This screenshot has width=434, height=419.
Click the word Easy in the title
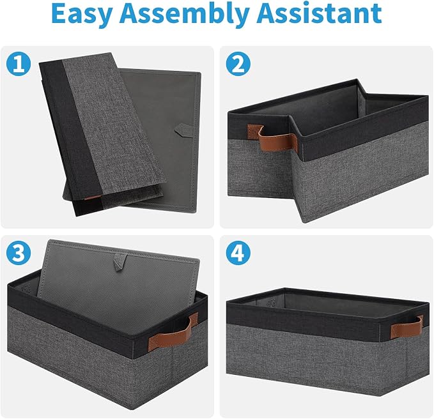click(x=82, y=14)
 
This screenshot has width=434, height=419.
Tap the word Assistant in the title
click(x=319, y=13)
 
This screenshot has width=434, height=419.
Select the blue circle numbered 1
click(x=19, y=64)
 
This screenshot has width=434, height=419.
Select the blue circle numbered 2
click(x=238, y=64)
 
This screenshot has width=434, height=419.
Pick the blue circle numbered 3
click(x=19, y=253)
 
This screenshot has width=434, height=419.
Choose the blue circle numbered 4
click(x=238, y=253)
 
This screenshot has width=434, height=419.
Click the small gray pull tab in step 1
click(x=183, y=129)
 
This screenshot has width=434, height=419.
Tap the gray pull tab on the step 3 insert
click(x=120, y=263)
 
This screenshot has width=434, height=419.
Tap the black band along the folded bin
click(x=68, y=139)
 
